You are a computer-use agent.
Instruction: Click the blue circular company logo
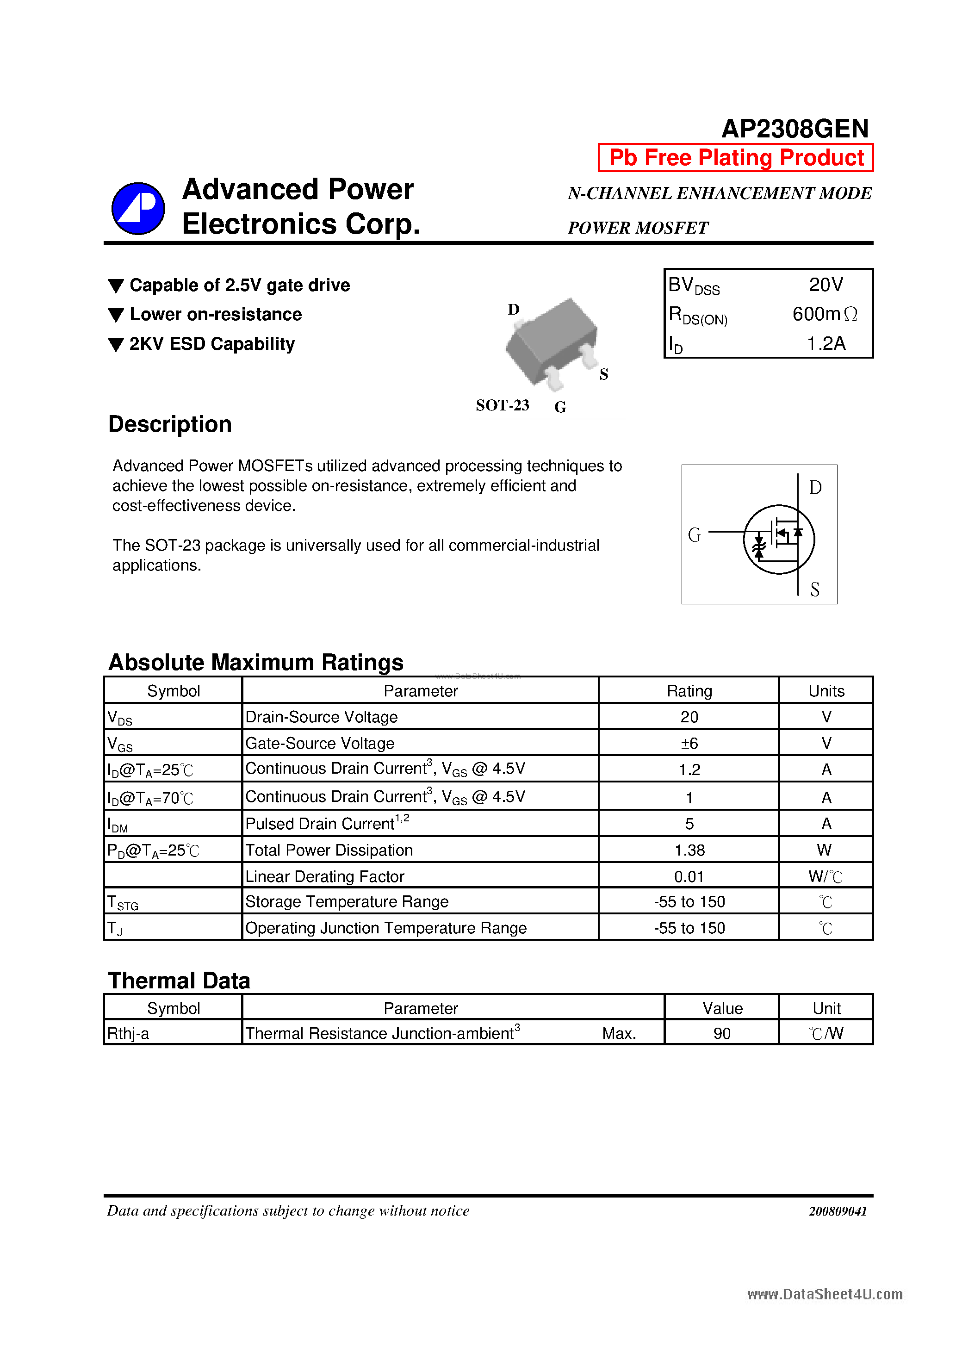tap(138, 208)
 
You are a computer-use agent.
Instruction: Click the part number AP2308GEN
tap(795, 129)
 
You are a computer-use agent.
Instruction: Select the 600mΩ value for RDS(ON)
tap(824, 314)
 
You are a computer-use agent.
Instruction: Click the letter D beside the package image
tap(513, 310)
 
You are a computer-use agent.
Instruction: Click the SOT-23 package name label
tap(502, 405)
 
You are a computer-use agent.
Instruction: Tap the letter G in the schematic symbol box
tap(694, 535)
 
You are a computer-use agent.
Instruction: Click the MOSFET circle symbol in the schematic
tap(779, 539)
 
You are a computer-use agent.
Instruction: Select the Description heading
tap(170, 424)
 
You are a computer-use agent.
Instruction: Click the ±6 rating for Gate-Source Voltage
tap(689, 743)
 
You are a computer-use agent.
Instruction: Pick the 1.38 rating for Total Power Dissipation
tap(689, 850)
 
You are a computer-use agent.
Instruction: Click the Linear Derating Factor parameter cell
tap(325, 876)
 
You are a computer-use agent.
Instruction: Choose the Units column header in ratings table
tap(826, 691)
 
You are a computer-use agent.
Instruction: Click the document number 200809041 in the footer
tap(837, 1211)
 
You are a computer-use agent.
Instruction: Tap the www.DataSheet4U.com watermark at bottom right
tap(825, 1294)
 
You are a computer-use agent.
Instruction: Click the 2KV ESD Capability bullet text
tap(211, 343)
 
